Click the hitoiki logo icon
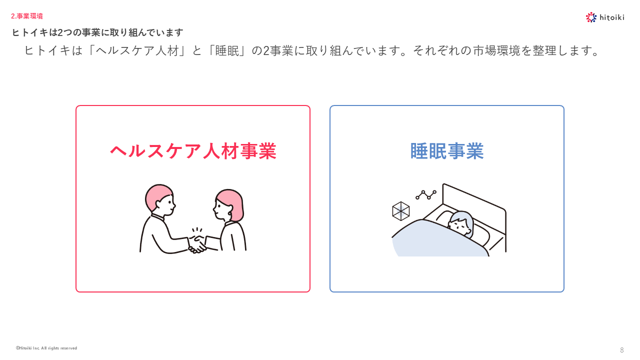click(591, 17)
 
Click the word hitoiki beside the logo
click(611, 17)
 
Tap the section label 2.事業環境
click(27, 16)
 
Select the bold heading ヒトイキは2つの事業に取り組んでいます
click(97, 32)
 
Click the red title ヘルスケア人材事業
click(193, 151)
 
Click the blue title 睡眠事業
click(447, 151)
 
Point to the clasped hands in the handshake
click(197, 244)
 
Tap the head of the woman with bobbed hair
click(228, 205)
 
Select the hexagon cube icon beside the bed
click(400, 211)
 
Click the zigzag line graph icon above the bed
click(426, 195)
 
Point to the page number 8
click(621, 350)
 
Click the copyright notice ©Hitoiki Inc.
click(46, 348)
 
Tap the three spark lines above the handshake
click(197, 230)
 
